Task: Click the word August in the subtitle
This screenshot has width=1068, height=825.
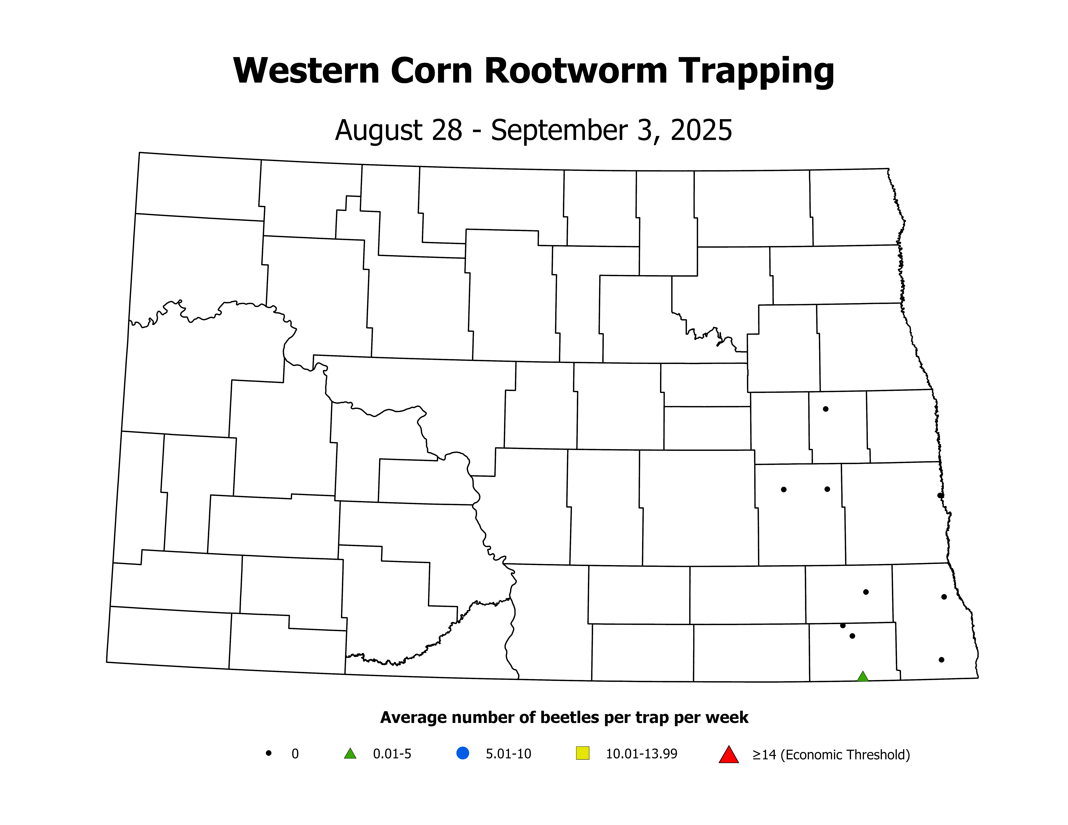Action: (372, 131)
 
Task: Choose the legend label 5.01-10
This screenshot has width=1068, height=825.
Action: (508, 754)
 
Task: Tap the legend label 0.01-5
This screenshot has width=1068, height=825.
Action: (392, 754)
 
